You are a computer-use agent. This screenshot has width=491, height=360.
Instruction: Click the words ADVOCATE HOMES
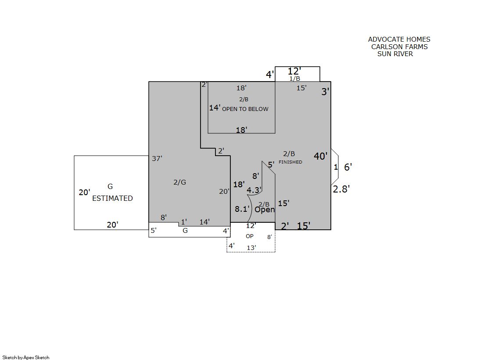tap(399, 39)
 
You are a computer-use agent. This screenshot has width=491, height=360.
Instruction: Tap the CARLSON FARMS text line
tap(399, 46)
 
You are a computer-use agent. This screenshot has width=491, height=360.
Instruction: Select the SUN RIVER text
tap(395, 54)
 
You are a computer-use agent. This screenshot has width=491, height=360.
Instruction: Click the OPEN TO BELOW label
tap(245, 109)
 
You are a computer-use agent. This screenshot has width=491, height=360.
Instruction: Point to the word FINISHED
tap(290, 162)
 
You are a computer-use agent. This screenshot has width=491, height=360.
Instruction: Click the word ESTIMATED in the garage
tap(112, 198)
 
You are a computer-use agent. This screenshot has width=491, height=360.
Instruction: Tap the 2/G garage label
tap(180, 182)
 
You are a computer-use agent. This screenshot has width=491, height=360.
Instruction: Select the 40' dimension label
tap(321, 156)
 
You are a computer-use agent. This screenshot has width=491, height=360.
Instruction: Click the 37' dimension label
tap(157, 158)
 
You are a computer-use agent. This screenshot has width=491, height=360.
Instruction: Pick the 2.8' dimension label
tap(341, 189)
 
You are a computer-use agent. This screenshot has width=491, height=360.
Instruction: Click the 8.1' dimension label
tap(242, 209)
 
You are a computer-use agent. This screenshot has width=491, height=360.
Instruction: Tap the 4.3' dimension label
tap(254, 190)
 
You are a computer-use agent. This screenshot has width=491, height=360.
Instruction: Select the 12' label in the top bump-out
tap(294, 71)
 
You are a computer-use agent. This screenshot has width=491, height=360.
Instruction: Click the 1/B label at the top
tap(295, 78)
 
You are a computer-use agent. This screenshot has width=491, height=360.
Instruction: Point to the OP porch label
tap(250, 236)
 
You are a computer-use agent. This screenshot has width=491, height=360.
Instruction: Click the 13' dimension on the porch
tap(251, 248)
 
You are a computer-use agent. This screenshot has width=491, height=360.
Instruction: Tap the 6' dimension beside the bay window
tap(348, 167)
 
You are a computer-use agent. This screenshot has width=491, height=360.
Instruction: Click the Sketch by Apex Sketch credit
tap(26, 357)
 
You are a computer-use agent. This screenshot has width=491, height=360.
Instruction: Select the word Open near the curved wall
tap(265, 210)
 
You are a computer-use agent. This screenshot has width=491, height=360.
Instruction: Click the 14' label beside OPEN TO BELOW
tap(215, 108)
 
